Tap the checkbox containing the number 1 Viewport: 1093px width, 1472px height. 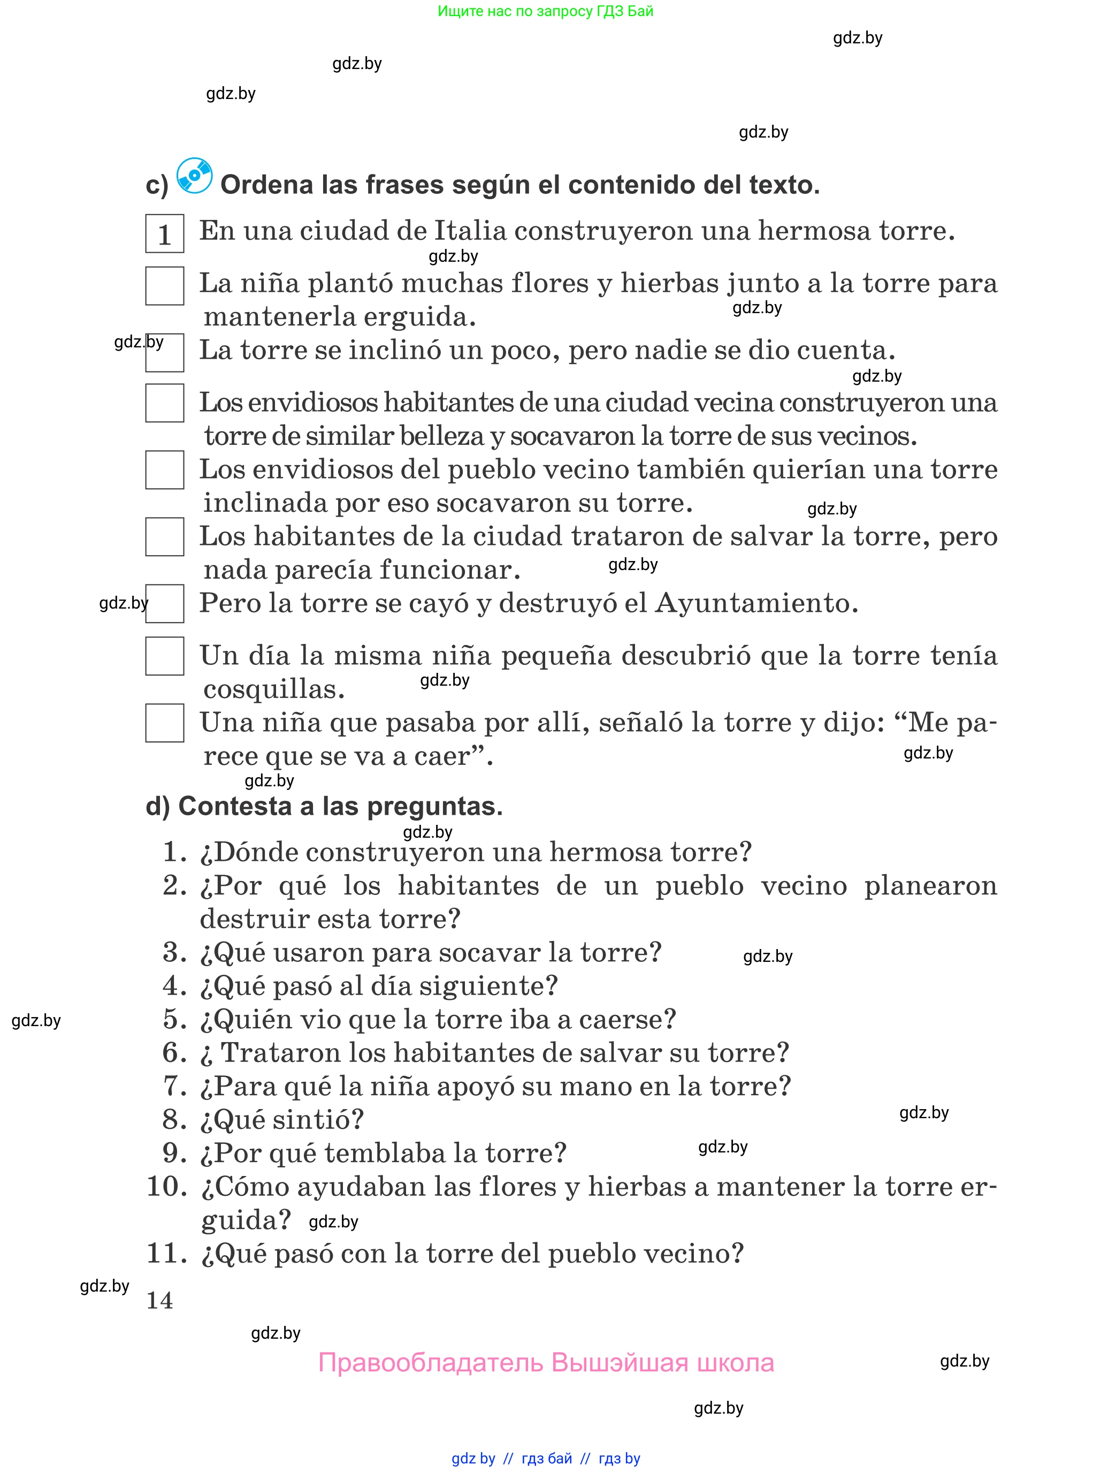165,233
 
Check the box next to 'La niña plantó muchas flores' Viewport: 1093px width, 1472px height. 165,286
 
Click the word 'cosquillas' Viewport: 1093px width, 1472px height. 273,689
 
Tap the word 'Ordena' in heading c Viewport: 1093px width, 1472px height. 266,185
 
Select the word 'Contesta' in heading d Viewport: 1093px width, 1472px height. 235,806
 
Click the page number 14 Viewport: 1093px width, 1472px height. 159,1300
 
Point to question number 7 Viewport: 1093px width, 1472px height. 174,1086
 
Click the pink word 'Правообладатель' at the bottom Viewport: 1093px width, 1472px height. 430,1363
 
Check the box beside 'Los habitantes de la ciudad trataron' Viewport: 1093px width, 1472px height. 165,537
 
